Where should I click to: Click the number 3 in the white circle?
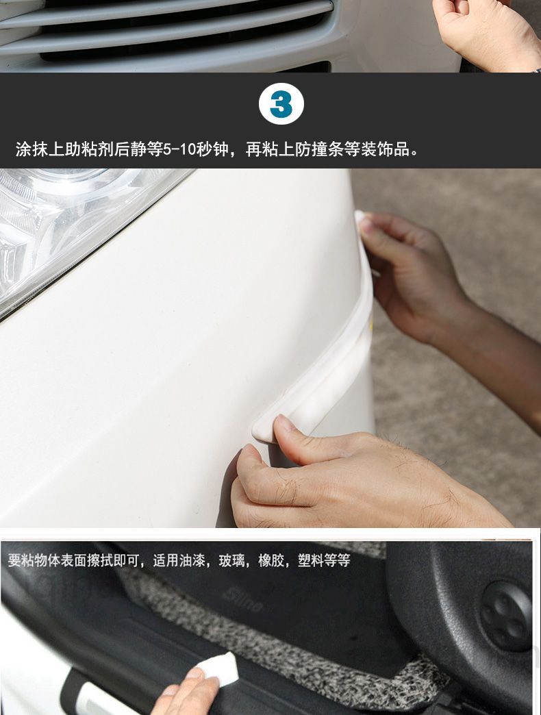(281, 104)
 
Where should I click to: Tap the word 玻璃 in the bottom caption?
(231, 560)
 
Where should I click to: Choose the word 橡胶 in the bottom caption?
(271, 560)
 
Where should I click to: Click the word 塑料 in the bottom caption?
(311, 560)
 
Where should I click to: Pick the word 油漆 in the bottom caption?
(192, 560)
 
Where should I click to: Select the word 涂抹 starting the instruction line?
(32, 149)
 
